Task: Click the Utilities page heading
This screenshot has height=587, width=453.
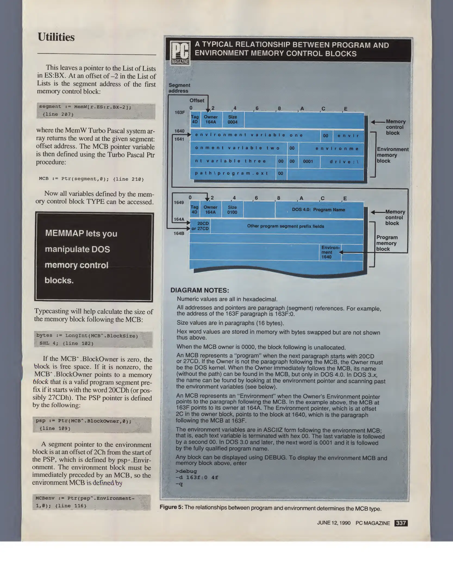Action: coord(56,37)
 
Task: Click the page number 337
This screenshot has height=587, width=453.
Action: coord(401,523)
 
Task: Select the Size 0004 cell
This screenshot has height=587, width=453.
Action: coord(233,120)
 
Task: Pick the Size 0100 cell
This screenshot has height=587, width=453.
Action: coord(232,210)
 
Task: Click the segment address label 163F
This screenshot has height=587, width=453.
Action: coord(180,112)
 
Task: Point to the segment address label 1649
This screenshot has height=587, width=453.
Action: coord(179,202)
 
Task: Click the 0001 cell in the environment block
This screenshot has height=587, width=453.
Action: coord(308,161)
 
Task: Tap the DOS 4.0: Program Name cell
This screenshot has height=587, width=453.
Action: coord(318,210)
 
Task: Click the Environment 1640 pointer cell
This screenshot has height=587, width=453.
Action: coord(330,252)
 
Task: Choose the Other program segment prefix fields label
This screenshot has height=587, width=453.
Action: coord(285,226)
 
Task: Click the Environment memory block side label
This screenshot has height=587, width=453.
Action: coord(392,155)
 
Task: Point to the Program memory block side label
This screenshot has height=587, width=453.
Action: coord(387,243)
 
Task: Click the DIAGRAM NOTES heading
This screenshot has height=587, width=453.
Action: coord(200,290)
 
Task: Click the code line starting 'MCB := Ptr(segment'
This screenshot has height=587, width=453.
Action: coord(91,179)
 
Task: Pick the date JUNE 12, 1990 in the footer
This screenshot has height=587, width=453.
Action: coord(334,523)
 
